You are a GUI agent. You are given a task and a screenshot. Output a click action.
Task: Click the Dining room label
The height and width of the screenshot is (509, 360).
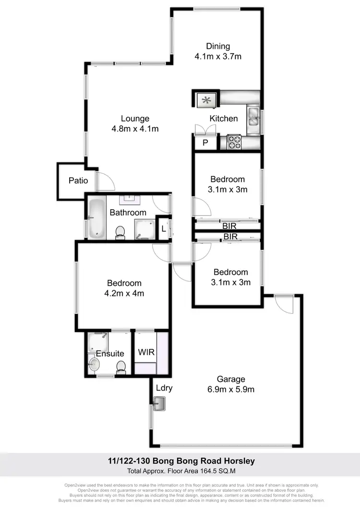(x=218, y=47)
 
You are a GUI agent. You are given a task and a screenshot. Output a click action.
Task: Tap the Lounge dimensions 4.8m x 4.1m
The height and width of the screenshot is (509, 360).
(x=135, y=129)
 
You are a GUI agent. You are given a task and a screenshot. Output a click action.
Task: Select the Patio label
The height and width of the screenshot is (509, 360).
(x=78, y=181)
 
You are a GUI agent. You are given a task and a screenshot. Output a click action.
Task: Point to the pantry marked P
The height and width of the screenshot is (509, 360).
(x=205, y=143)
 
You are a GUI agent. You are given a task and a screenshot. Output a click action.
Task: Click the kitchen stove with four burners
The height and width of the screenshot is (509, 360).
(x=233, y=142)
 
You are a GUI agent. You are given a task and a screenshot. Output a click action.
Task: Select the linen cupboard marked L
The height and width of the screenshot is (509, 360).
(x=164, y=229)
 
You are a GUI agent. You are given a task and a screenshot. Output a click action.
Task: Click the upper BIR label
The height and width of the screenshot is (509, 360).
(x=230, y=225)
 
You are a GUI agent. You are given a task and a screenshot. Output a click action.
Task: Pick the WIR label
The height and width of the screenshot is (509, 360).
(x=146, y=352)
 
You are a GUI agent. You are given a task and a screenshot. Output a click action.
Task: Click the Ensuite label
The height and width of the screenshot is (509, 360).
(x=110, y=354)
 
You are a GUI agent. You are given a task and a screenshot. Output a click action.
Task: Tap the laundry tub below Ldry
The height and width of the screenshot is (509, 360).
(x=159, y=404)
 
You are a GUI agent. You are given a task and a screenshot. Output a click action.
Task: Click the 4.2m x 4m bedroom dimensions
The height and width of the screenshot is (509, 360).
(x=124, y=293)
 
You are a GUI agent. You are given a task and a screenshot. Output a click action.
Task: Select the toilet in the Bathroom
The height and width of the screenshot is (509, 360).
(x=120, y=233)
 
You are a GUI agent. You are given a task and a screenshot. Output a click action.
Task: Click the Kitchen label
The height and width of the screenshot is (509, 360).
(x=224, y=118)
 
